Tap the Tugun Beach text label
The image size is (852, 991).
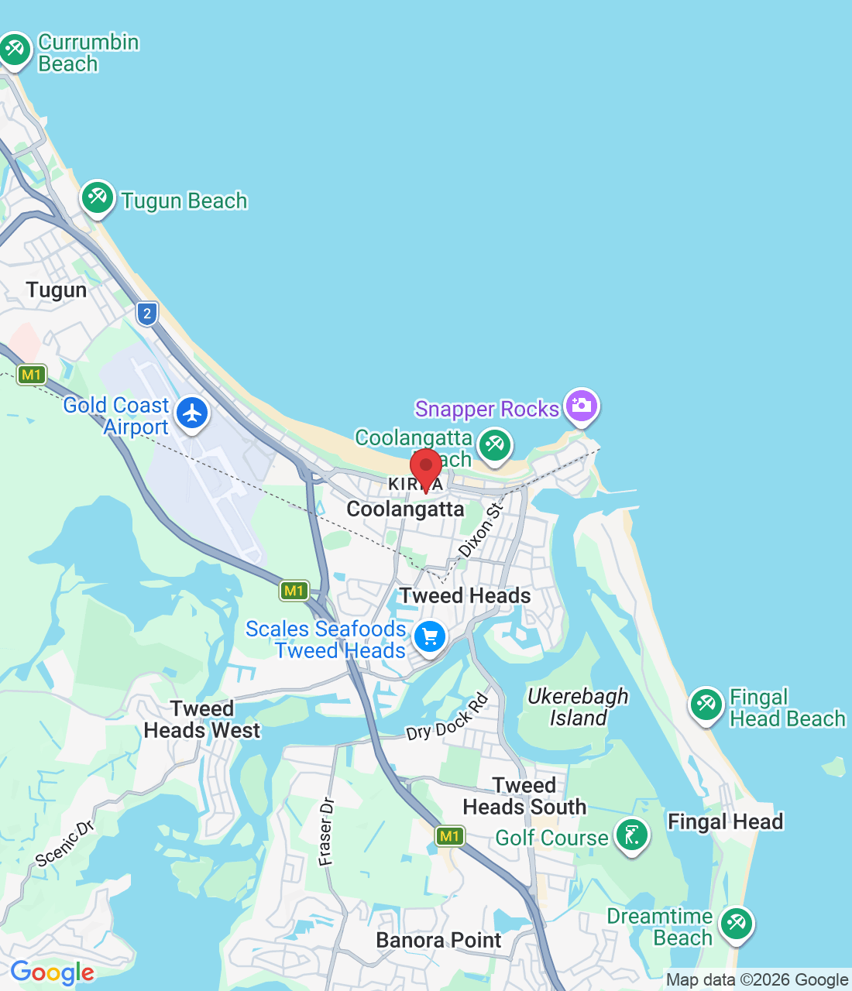[x=184, y=201]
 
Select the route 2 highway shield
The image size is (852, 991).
[x=147, y=314]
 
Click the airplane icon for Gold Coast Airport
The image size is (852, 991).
[x=192, y=413]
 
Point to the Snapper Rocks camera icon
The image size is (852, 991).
[x=581, y=405]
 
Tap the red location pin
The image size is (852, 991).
[x=425, y=468]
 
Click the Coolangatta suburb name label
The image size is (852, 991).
[x=405, y=509]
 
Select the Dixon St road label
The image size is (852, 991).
[x=481, y=530]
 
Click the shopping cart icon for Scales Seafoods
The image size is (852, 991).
[x=430, y=637]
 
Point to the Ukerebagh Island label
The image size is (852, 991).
[x=578, y=707]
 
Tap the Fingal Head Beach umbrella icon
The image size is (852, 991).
[x=706, y=705]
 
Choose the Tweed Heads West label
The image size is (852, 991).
[x=202, y=719]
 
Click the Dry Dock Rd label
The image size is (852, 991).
[x=448, y=718]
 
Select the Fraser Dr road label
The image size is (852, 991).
[x=327, y=831]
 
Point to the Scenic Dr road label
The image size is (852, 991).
[x=65, y=843]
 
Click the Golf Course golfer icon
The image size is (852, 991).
[x=632, y=835]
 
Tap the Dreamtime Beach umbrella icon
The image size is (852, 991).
[x=736, y=924]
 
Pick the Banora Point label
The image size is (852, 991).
[x=438, y=940]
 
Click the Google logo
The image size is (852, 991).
[x=52, y=972]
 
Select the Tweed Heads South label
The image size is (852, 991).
[x=524, y=796]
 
